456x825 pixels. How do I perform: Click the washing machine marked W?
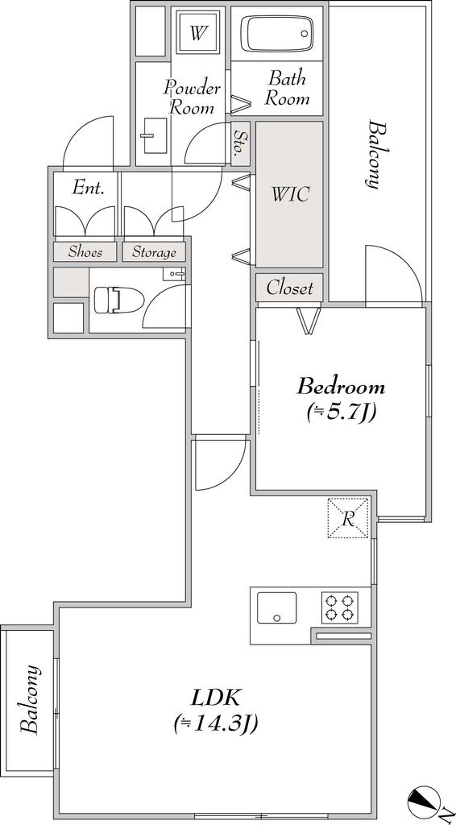pos(197,34)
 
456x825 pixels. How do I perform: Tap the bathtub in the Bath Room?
pos(276,33)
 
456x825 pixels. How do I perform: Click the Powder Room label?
pos(192,97)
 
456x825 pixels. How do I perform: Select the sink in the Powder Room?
pos(155,135)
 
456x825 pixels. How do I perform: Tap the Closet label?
pos(289,288)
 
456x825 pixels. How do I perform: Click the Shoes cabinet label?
pos(85,251)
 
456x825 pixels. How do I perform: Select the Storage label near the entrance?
pos(154,252)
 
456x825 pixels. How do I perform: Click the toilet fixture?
pos(119,301)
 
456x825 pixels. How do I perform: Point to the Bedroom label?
pos(341,388)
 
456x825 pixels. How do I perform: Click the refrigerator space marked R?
pos(348,518)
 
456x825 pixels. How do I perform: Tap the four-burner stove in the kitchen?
pos(340,607)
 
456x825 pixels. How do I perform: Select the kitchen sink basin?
pos(276,607)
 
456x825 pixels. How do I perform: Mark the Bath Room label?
pos(287,89)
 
